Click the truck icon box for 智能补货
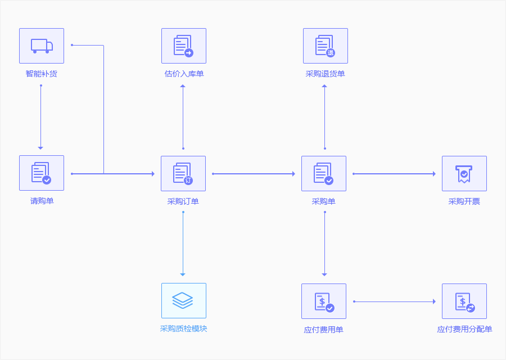42,46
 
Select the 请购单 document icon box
42,173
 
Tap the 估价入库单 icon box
183,46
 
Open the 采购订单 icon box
183,174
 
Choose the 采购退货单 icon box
325,46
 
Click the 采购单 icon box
324,174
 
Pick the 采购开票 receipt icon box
464,174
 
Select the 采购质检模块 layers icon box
183,300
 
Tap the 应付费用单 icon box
324,301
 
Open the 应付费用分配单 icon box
464,301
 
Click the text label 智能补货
42,74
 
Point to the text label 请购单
42,201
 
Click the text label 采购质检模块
183,328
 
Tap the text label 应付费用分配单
464,329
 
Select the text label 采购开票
464,201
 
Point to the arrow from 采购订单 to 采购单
254,174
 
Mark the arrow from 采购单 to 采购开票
394,174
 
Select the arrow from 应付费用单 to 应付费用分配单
394,301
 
